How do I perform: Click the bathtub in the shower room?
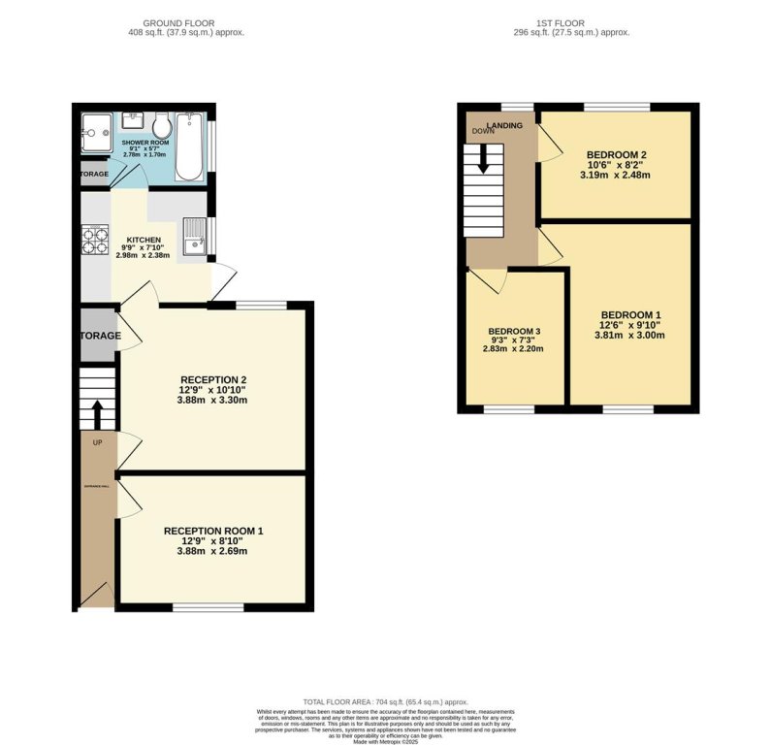click(189, 146)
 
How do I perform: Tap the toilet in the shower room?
click(161, 127)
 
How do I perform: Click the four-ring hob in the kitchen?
click(95, 240)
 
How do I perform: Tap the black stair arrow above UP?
click(97, 414)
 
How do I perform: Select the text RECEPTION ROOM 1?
click(212, 531)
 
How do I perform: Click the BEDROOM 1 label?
click(630, 314)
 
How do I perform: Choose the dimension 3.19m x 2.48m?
click(614, 176)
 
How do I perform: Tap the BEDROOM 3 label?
click(514, 331)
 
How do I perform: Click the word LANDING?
click(511, 125)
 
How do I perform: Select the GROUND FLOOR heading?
click(178, 22)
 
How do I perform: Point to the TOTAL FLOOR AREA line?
click(386, 701)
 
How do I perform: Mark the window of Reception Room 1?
click(209, 607)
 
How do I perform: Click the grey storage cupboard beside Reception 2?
click(97, 336)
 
